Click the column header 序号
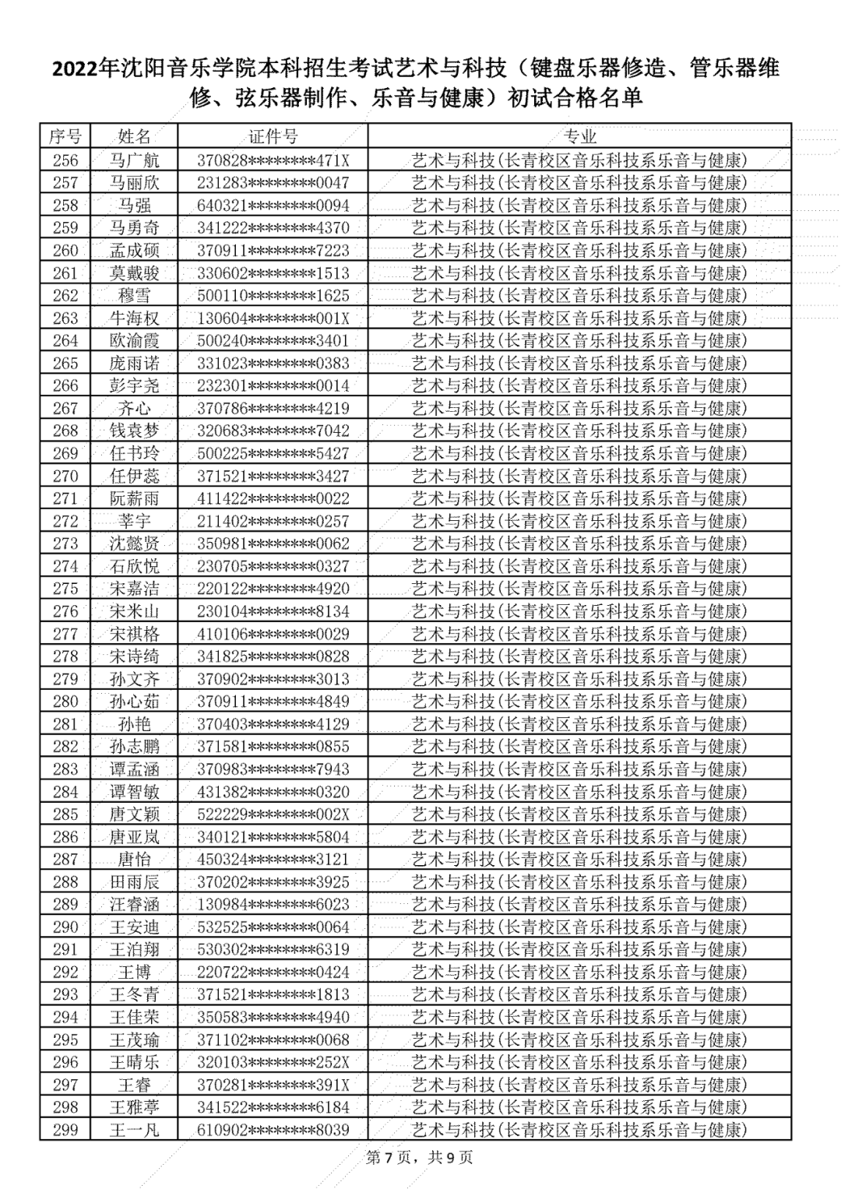click(x=65, y=137)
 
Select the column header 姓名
click(x=134, y=137)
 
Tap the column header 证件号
click(x=273, y=137)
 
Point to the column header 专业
click(x=579, y=137)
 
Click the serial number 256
click(x=65, y=160)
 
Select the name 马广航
click(x=134, y=160)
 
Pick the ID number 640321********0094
click(x=273, y=206)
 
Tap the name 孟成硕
click(x=134, y=251)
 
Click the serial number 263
click(x=65, y=318)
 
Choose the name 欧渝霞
click(x=134, y=341)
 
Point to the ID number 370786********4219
click(x=273, y=409)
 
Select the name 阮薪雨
click(x=134, y=499)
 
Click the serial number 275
click(x=65, y=589)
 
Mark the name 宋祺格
click(x=134, y=634)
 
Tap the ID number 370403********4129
click(x=273, y=724)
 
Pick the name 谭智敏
click(x=134, y=792)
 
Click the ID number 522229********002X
click(x=273, y=814)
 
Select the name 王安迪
click(x=134, y=927)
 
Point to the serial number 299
click(x=65, y=1130)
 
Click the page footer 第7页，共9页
click(x=420, y=1158)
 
